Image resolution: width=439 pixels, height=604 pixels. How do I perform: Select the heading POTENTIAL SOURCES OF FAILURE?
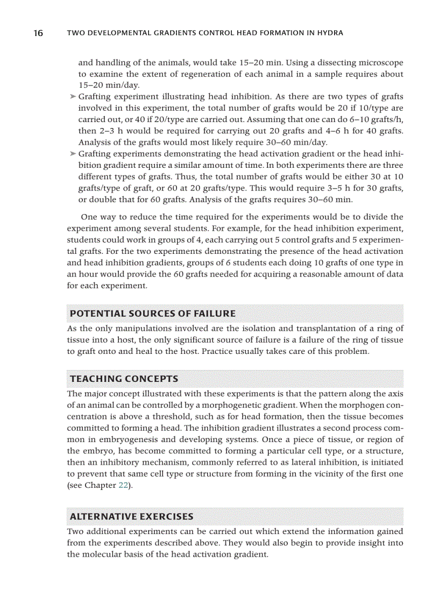[x=153, y=314]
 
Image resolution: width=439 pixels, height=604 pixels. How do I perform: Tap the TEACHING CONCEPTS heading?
[x=124, y=379]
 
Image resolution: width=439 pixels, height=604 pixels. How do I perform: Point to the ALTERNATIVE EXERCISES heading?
[x=131, y=517]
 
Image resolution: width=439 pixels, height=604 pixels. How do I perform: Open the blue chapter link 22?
[x=123, y=485]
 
